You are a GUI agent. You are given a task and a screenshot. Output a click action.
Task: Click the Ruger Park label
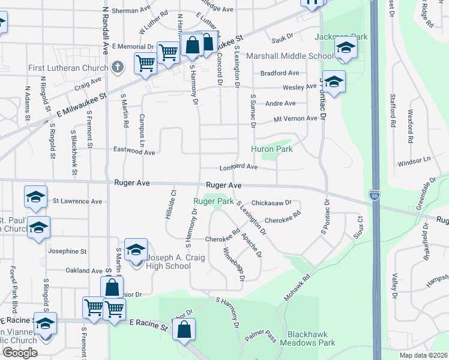213,202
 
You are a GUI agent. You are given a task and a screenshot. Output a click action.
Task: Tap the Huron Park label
272,149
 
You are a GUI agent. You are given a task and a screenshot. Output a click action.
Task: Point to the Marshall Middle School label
291,56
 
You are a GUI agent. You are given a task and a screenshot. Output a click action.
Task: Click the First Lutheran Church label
68,68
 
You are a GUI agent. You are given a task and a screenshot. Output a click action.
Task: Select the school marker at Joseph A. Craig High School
137,250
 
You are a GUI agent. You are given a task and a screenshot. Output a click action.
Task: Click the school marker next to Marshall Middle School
345,49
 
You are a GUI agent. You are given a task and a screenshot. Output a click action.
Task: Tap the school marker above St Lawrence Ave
35,197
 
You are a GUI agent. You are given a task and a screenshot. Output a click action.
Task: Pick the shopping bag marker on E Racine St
184,330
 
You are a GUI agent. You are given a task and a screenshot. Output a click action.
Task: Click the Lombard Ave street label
238,167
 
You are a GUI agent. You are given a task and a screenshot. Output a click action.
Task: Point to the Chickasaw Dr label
271,203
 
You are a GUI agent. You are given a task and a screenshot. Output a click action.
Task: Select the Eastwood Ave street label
134,152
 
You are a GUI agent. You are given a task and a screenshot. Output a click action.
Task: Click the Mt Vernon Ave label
295,118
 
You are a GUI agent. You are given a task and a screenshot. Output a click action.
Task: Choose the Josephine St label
67,251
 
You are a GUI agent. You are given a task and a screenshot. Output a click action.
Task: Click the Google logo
19,353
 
